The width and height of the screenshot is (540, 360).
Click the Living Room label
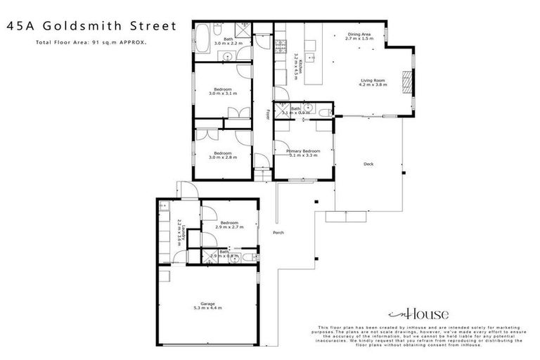pos(374,81)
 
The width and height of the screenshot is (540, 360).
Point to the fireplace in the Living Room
pos(405,81)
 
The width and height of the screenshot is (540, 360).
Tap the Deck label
pos(368,165)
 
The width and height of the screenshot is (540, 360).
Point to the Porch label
pos(278,233)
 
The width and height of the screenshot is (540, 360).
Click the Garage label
pos(207,304)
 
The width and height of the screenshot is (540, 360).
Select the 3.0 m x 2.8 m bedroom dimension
pos(223,157)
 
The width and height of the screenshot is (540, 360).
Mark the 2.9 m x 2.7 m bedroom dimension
pos(229,227)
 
